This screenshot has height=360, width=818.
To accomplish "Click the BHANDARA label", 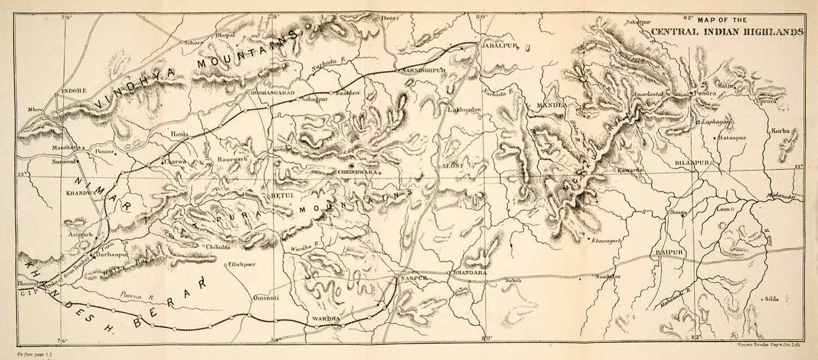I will pos(469,273).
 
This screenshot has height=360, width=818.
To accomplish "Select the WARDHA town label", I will pos(325,318).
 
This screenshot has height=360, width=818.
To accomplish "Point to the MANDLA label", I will pos(551,106).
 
